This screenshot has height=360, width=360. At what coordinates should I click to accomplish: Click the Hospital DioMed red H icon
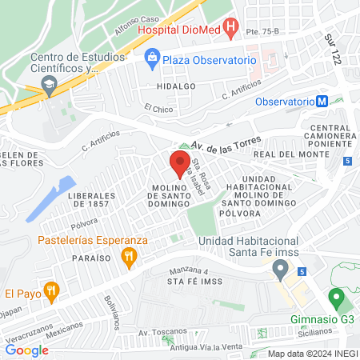point(231,30)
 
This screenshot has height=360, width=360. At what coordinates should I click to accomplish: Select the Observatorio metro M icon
point(322,102)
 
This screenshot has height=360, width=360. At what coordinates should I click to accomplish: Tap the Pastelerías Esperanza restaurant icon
point(128,257)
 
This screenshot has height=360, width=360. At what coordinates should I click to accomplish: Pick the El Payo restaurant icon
point(51,291)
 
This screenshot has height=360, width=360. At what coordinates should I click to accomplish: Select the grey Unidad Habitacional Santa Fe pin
point(280,270)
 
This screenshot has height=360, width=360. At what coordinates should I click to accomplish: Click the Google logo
point(27,350)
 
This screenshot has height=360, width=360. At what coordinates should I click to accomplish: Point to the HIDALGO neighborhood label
point(176,86)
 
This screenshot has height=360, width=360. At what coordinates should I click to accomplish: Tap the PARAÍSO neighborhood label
point(89,258)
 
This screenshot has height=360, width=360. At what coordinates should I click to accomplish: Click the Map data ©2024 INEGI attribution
point(311,354)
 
